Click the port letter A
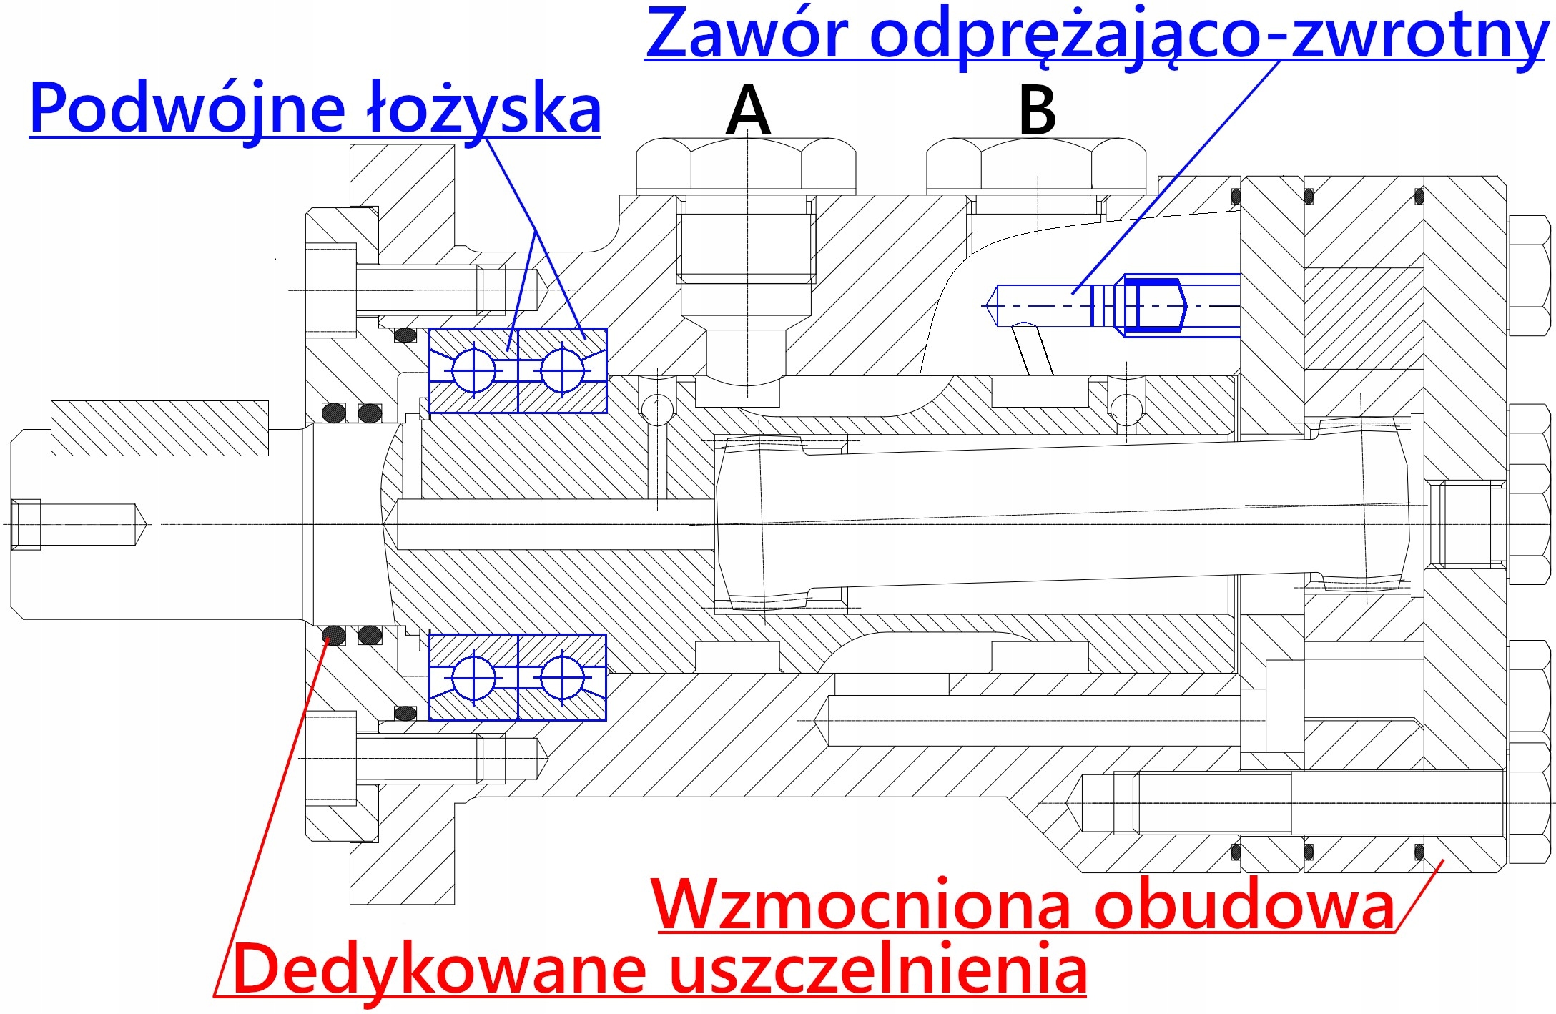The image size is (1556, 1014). click(748, 110)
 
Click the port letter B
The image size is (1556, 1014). click(1037, 110)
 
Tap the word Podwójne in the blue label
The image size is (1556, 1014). click(187, 109)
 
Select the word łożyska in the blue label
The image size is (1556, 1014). click(483, 109)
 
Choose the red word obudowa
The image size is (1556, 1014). click(1245, 905)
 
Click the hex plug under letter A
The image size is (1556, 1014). click(746, 166)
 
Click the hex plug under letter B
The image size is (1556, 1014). click(1036, 166)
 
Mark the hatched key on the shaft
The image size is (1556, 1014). click(159, 428)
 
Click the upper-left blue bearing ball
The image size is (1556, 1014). click(473, 370)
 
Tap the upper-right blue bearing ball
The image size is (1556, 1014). click(562, 370)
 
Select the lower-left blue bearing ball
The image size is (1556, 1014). click(473, 676)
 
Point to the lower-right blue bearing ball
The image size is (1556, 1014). click(562, 676)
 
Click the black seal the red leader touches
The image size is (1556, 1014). click(333, 635)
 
